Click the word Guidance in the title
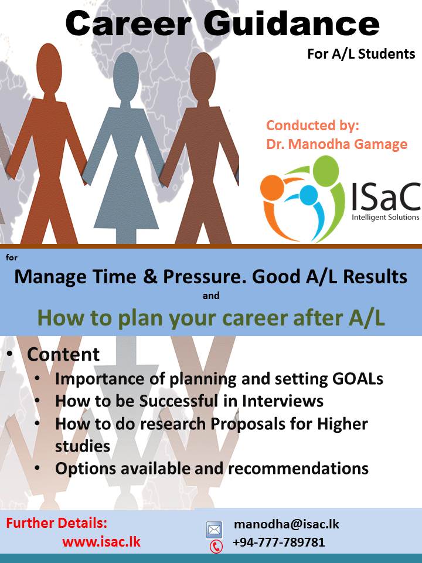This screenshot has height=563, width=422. pos(291,23)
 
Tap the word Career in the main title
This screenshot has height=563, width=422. pos(127,23)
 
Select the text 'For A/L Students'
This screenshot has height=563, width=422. pos(361,54)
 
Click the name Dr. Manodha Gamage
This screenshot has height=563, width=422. pos(336,144)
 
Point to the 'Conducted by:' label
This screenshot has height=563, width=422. pos(312,126)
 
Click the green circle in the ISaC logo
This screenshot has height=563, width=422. pos(326,171)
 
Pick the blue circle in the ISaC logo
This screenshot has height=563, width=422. pos(309,195)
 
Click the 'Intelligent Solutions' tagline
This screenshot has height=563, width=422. pos(386,217)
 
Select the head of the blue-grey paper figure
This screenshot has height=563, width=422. pos(126,76)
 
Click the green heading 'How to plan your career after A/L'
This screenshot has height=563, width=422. pos(211,318)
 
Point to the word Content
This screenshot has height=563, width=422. pos(63,354)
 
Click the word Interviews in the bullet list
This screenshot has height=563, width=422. pos(283,401)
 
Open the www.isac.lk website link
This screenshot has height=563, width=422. pos(101,541)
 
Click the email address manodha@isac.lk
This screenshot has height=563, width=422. pos(287,524)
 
